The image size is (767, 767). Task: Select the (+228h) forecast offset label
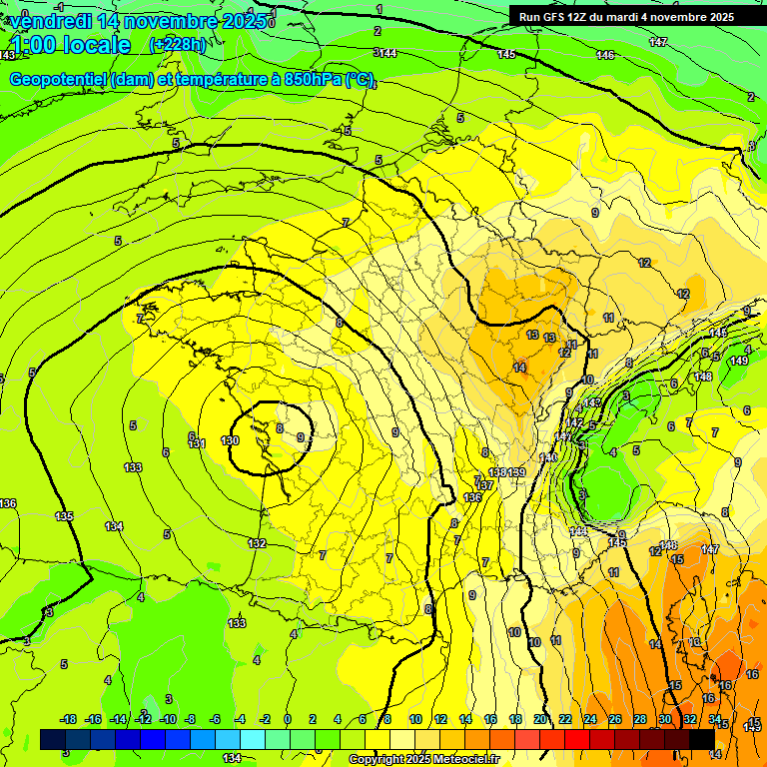click(178, 45)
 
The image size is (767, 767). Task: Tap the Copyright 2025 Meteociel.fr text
click(423, 760)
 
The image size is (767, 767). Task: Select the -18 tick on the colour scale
click(68, 719)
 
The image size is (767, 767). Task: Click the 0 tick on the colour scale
click(288, 719)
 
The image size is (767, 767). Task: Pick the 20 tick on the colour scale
click(540, 719)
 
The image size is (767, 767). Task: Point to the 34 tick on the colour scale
click(715, 719)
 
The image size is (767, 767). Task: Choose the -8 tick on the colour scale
click(192, 719)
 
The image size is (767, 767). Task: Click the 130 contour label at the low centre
click(230, 440)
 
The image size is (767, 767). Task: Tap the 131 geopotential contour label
click(197, 443)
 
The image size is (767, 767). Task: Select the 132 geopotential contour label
click(258, 544)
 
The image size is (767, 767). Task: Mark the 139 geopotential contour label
click(517, 472)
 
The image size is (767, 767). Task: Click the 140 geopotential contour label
click(548, 457)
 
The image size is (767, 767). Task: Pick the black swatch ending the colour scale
click(702, 739)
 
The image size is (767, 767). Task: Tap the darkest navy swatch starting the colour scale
click(53, 739)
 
